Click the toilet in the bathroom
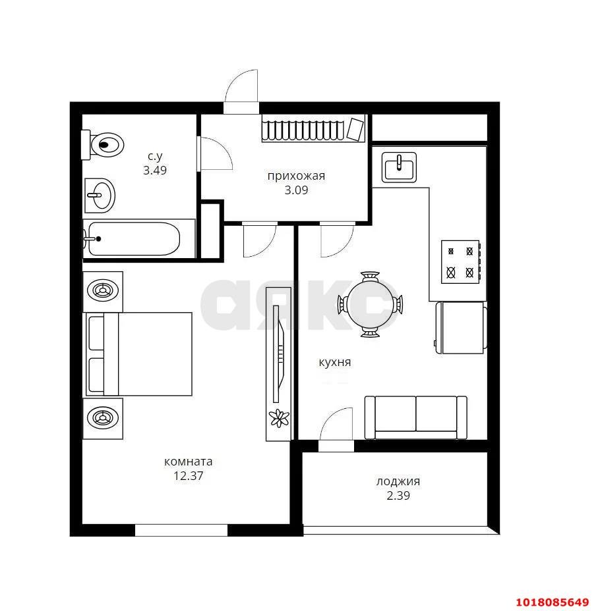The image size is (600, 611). pyautogui.click(x=102, y=145)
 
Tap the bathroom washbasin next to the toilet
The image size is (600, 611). pyautogui.click(x=100, y=196)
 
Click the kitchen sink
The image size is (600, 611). pyautogui.click(x=399, y=167)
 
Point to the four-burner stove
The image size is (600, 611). pyautogui.click(x=460, y=262)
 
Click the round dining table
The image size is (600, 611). pyautogui.click(x=370, y=304)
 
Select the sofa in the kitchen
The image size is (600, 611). pyautogui.click(x=415, y=417)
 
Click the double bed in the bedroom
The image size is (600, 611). pyautogui.click(x=139, y=354)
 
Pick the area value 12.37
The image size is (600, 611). pyautogui.click(x=189, y=476)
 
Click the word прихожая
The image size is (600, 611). pyautogui.click(x=296, y=176)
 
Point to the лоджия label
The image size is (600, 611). pyautogui.click(x=398, y=482)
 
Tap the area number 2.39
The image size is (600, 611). pyautogui.click(x=398, y=496)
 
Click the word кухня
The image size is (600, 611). pyautogui.click(x=335, y=362)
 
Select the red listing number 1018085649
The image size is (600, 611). pyautogui.click(x=553, y=602)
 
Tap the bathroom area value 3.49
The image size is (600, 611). pyautogui.click(x=155, y=171)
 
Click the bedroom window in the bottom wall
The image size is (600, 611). pyautogui.click(x=181, y=530)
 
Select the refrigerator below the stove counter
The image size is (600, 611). pyautogui.click(x=462, y=327)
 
